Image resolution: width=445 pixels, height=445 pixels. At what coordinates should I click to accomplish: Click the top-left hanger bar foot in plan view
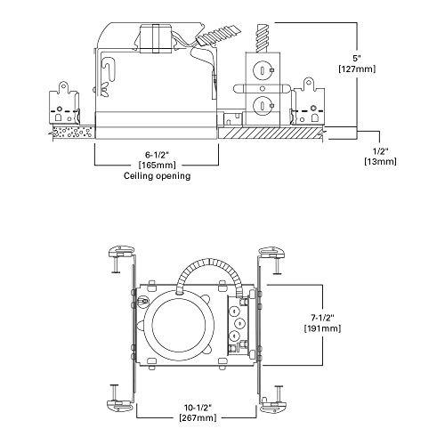[119, 252]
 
